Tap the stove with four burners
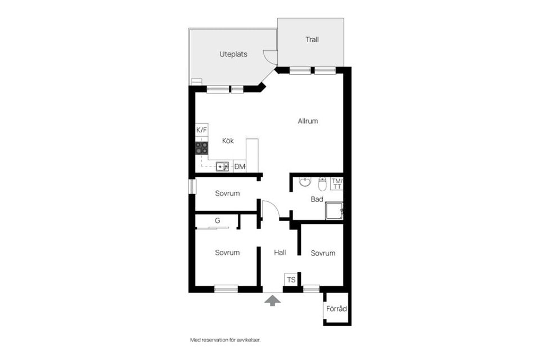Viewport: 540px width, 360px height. (202, 148)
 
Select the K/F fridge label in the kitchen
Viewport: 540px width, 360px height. (202, 130)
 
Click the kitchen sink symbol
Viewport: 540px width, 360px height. (222, 166)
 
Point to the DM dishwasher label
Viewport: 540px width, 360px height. (240, 166)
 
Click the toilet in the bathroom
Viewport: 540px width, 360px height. (322, 184)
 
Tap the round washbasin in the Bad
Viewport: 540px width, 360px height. (305, 181)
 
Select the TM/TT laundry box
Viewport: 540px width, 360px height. (337, 183)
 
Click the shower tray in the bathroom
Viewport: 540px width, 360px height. (334, 211)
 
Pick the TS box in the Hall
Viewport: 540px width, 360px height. (291, 280)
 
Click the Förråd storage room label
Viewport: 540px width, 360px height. (336, 309)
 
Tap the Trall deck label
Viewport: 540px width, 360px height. (312, 39)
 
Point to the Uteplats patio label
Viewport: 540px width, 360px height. (233, 54)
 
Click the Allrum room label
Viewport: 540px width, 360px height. (308, 121)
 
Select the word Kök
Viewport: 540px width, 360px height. (228, 141)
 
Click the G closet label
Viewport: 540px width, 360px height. (217, 220)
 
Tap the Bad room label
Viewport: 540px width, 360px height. (317, 199)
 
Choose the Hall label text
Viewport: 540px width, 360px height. (280, 253)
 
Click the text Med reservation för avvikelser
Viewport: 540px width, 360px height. (226, 340)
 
